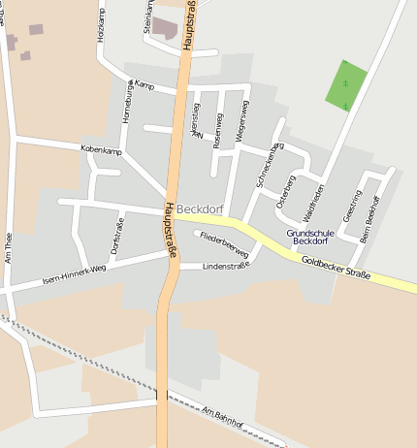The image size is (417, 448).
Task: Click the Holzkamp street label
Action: pyautogui.click(x=100, y=26)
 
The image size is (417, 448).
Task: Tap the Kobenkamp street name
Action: pyautogui.click(x=102, y=151)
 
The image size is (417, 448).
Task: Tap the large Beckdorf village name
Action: pyautogui.click(x=200, y=208)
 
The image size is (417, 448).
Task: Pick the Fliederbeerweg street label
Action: pyautogui.click(x=225, y=244)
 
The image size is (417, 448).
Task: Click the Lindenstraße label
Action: pyautogui.click(x=214, y=265)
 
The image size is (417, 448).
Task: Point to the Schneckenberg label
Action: pyautogui.click(x=267, y=163)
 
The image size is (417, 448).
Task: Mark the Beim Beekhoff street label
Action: pyautogui.click(x=370, y=218)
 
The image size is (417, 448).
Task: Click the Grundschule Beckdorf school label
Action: pyautogui.click(x=311, y=237)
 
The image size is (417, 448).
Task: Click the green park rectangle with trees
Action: pyautogui.click(x=346, y=85)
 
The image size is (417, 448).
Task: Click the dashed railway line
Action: pyautogui.click(x=97, y=368)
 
